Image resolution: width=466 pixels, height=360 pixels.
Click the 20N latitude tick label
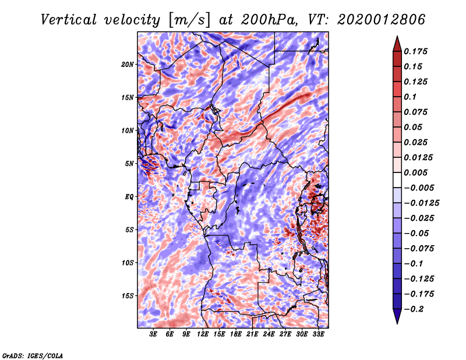128,64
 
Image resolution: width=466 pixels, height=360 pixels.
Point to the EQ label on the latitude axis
129,196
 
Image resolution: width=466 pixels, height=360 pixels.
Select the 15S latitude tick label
128,295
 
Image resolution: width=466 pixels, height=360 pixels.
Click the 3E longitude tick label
154,334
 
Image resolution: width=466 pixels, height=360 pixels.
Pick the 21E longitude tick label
252,334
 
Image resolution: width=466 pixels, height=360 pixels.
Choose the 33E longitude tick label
318,334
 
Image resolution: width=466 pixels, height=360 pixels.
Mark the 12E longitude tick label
203,334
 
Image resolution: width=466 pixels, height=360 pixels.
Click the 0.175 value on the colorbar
416,51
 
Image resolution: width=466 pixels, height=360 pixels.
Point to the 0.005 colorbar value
416,172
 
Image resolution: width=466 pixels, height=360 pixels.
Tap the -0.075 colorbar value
419,248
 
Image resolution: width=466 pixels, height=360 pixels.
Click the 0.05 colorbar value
414,127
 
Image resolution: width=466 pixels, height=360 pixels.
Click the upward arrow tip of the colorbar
397,38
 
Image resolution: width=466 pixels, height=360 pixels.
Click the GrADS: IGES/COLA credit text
32,355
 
